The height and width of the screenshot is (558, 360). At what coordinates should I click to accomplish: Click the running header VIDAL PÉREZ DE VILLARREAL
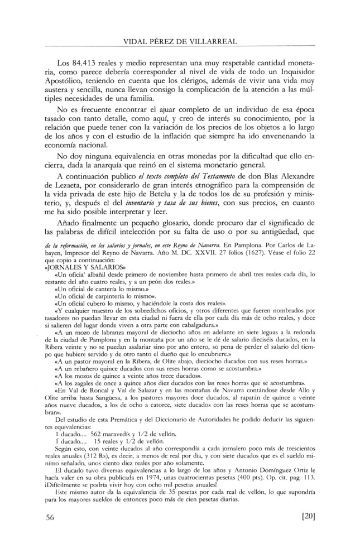180,40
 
